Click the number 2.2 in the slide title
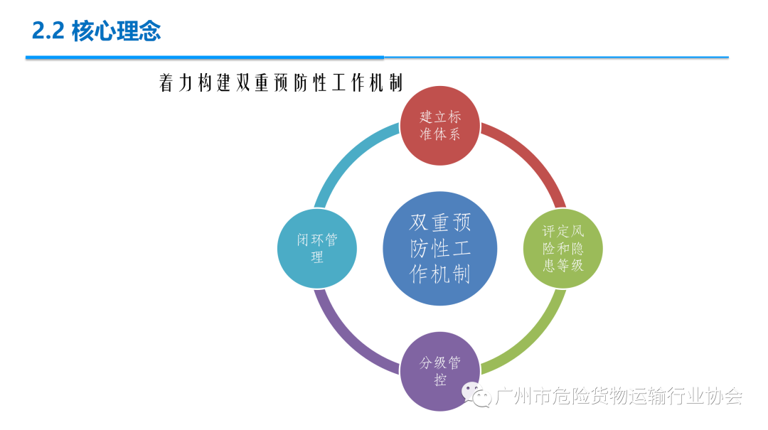[48, 31]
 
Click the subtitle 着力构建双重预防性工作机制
[282, 83]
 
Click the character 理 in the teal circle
[317, 257]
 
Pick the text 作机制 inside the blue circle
[440, 274]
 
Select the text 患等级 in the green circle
[563, 265]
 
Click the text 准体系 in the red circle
[439, 134]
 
